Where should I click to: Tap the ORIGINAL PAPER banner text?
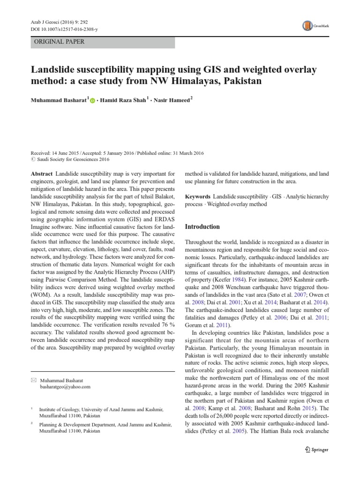click(59, 42)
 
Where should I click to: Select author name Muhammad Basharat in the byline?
click(59, 100)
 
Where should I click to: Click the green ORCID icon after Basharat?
click(92, 100)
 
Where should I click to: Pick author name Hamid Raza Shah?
click(122, 100)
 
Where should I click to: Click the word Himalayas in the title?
click(187, 81)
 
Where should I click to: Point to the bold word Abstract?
click(41, 173)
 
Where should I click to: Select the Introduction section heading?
click(202, 227)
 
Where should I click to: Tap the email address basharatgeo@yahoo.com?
click(65, 387)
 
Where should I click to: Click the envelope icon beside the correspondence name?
click(32, 380)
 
